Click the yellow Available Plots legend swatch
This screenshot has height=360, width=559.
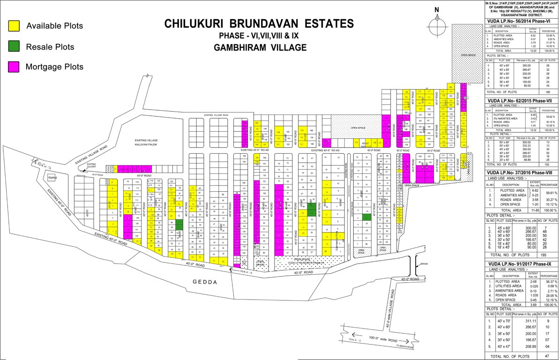point(14,26)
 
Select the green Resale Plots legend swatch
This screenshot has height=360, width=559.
point(14,46)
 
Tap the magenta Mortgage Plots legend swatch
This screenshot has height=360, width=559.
point(14,67)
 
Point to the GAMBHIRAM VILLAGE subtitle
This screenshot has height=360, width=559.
point(260,47)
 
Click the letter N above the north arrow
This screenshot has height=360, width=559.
point(436,10)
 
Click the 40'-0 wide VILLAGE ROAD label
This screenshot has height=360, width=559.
point(389,310)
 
